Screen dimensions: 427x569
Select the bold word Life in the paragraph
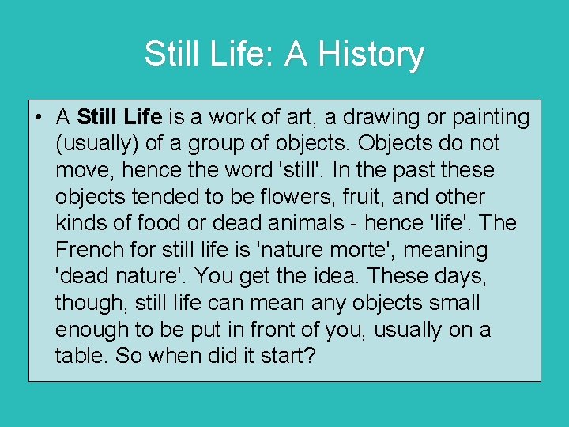143,117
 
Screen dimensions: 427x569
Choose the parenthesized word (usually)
93,144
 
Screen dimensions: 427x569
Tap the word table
81,356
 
